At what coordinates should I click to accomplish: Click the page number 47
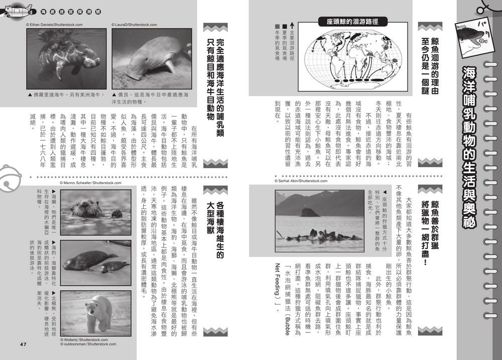[23, 344]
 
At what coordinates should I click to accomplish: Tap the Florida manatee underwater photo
[66, 58]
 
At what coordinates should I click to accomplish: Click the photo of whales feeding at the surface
[319, 217]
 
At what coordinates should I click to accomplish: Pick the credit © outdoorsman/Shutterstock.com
[88, 344]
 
